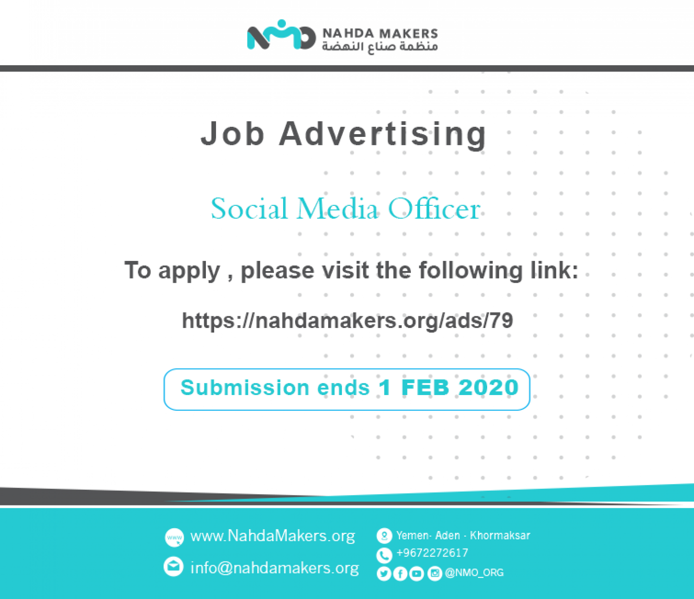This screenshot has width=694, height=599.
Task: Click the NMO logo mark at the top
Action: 281,35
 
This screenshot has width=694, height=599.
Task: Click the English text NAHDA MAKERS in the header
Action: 380,34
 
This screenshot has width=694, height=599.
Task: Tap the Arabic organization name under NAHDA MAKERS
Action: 380,47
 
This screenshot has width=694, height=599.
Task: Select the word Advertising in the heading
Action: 383,135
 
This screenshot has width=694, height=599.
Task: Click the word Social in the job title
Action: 249,209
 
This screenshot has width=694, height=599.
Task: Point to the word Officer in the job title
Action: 434,209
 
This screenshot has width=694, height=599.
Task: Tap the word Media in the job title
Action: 337,209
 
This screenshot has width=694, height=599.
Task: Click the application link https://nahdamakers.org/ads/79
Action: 347,321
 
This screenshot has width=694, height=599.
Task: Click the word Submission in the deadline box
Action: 245,388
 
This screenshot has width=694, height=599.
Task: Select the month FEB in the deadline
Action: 425,388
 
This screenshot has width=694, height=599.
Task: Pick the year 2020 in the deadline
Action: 489,388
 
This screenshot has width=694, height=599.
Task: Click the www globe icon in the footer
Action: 174,537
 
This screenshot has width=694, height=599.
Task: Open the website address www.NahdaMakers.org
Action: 273,536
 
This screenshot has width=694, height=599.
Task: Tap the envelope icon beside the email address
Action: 173,567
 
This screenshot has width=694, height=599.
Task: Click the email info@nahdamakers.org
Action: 275,568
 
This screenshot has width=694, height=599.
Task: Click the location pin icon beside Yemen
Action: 384,536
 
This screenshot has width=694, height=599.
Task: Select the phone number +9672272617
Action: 432,553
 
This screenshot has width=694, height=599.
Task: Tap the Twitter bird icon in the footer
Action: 384,574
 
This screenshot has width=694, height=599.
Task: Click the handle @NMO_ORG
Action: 474,573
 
